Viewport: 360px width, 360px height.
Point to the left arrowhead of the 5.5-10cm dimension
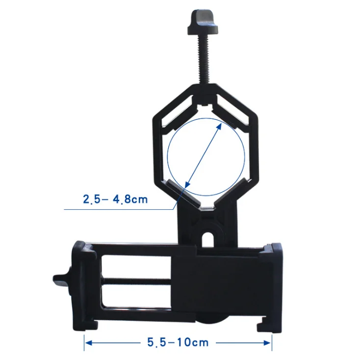(x=88, y=342)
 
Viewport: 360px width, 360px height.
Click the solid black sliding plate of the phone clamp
(x=216, y=285)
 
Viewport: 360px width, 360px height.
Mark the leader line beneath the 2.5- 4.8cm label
(x=123, y=210)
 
